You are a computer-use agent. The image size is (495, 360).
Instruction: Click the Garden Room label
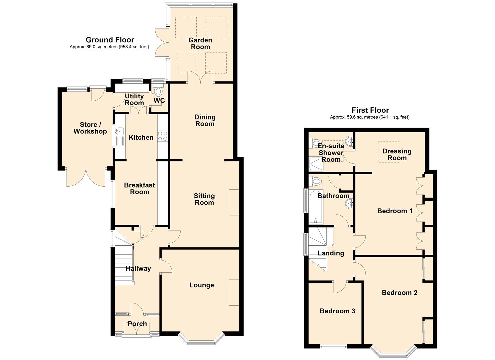click(200, 44)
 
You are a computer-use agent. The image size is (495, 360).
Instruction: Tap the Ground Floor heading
click(110, 40)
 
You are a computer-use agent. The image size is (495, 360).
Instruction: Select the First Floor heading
click(370, 110)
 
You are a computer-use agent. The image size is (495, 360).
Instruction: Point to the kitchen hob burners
click(162, 136)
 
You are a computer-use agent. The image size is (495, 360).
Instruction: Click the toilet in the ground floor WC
click(158, 91)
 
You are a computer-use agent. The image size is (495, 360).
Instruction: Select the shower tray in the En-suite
click(316, 164)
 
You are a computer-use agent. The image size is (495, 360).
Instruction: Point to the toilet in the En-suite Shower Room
click(315, 143)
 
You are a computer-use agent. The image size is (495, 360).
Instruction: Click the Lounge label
click(202, 285)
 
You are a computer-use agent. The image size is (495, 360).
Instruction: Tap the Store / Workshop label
click(90, 128)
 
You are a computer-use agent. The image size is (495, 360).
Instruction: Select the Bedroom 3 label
click(337, 311)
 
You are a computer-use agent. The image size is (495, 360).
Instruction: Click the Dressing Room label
click(397, 154)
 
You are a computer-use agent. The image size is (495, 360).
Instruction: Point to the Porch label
click(137, 324)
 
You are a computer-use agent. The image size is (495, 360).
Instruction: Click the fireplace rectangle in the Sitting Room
click(234, 202)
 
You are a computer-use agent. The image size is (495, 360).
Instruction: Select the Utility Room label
click(134, 99)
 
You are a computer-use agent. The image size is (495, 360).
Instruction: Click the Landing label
click(331, 253)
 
